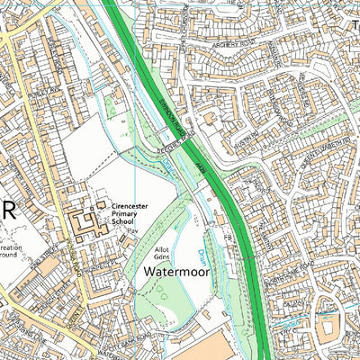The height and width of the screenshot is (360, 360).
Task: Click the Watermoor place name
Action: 175,268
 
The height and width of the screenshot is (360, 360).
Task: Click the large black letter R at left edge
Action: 8,210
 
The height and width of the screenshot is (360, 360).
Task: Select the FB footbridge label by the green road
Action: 228,237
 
